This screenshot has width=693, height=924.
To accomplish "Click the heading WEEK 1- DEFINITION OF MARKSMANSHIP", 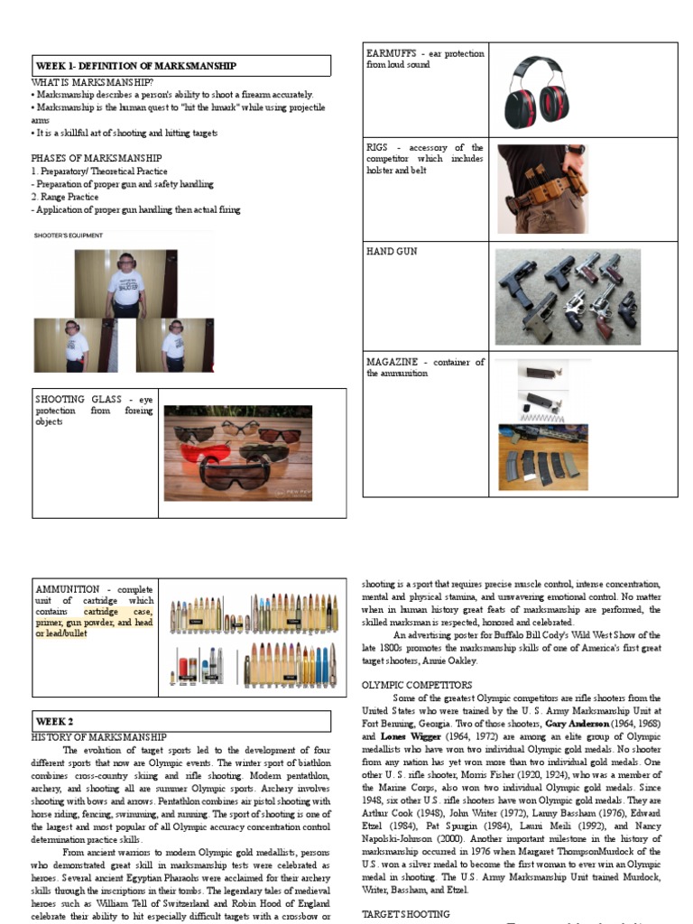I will coord(135,66).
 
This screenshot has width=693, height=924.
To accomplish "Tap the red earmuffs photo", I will coord(542,90).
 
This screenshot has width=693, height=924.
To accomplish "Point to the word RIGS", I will coord(377,147).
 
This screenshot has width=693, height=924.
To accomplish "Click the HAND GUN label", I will coord(392,252).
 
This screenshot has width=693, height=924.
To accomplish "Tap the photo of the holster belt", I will coord(542,189).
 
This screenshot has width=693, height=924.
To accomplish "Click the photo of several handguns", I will coord(568,296).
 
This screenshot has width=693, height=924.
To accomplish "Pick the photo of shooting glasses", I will coord(237,453).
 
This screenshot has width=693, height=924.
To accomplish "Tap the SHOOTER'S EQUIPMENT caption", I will coord(69,236).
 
